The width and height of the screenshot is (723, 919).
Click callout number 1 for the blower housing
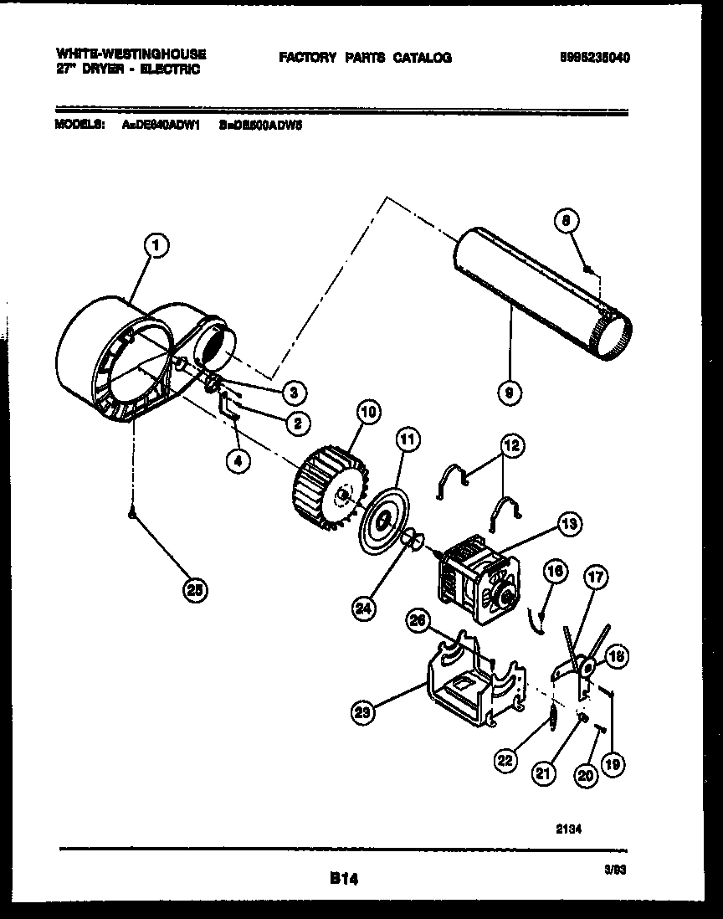[156, 245]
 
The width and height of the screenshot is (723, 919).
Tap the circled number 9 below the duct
[509, 391]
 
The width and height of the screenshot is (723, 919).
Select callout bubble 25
[194, 590]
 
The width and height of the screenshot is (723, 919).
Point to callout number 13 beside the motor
[570, 526]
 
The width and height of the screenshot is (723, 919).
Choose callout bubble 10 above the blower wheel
[368, 411]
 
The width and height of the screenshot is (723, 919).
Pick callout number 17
[597, 577]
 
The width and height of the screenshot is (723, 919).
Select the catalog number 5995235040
[595, 58]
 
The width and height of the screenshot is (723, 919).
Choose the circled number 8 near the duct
[567, 222]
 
